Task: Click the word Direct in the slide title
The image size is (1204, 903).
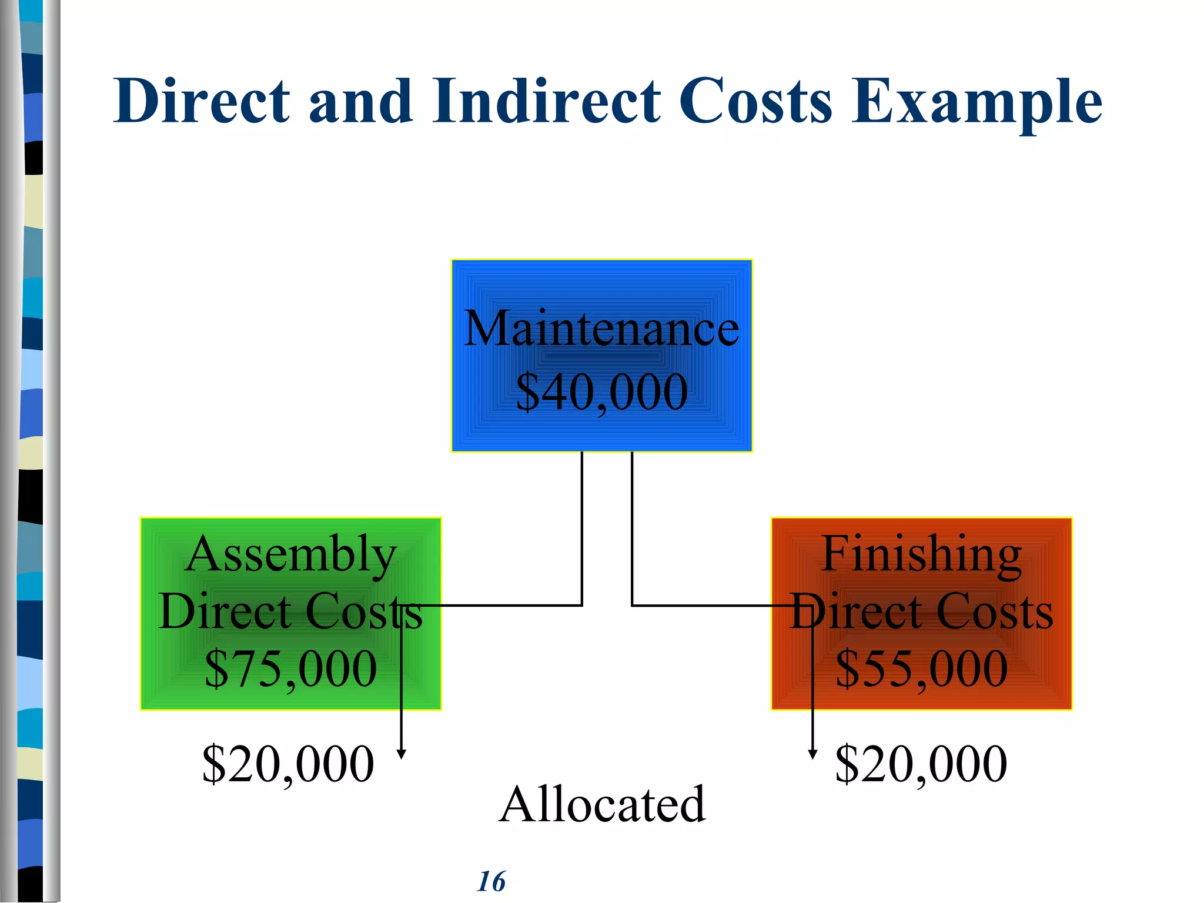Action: (202, 101)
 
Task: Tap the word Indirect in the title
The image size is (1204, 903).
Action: (546, 101)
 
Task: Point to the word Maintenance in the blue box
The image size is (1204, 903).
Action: (601, 329)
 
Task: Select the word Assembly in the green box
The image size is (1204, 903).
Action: (290, 554)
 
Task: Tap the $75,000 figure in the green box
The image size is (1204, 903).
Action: (290, 668)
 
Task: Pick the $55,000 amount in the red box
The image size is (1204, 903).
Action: (921, 668)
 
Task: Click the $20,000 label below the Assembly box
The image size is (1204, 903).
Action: (287, 764)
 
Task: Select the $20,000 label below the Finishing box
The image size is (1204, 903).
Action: (921, 764)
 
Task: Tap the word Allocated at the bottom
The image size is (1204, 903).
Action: (602, 804)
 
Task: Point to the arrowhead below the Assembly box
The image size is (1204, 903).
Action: (402, 754)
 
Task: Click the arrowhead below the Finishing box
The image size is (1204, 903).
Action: (812, 754)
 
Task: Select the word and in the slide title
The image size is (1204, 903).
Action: (361, 101)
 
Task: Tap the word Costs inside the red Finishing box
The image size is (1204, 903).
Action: (994, 612)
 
